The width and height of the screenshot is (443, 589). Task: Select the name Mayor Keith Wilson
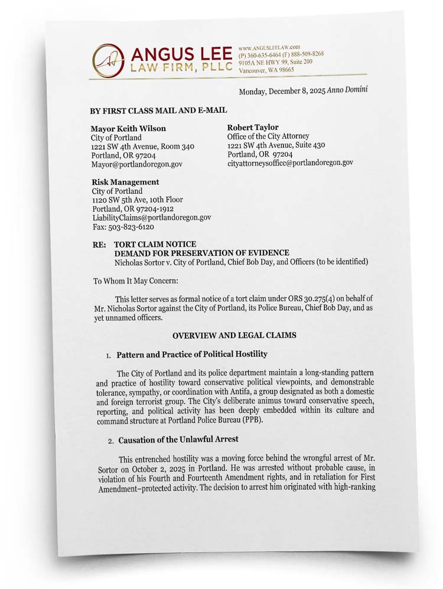(x=128, y=128)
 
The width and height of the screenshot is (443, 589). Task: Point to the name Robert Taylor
(x=253, y=127)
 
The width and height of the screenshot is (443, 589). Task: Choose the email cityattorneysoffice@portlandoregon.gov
(x=290, y=162)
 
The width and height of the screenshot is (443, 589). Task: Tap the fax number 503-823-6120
(x=131, y=227)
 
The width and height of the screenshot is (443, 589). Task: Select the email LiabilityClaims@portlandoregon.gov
(x=151, y=217)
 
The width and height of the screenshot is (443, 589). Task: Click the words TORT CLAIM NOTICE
(x=155, y=244)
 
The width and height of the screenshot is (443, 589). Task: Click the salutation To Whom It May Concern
(x=135, y=281)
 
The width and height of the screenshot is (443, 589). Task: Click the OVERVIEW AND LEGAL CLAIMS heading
(x=234, y=335)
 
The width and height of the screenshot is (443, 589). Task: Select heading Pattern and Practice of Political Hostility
(x=191, y=354)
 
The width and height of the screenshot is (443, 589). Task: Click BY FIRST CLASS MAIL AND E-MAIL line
(x=158, y=110)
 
